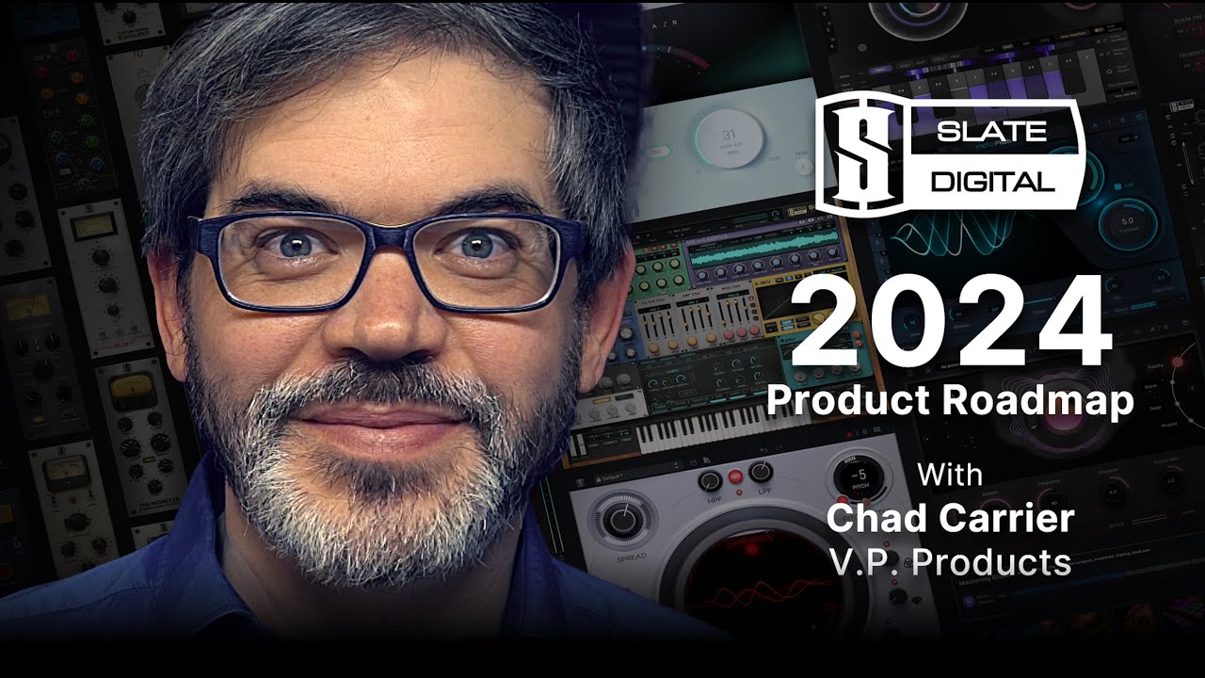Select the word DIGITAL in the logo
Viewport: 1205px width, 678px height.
pos(992,181)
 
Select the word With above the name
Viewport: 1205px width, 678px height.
pos(950,474)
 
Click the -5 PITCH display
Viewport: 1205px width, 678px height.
pos(859,478)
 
